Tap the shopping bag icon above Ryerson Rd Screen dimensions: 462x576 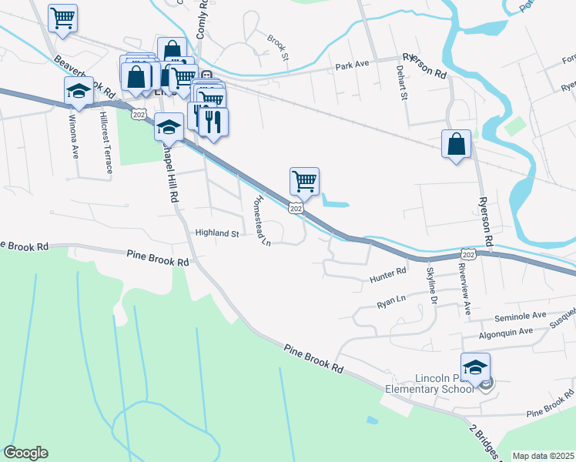456,143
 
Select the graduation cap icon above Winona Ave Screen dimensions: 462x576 79,91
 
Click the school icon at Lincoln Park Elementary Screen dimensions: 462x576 475,367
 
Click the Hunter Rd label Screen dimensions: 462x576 387,273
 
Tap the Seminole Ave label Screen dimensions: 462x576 523,316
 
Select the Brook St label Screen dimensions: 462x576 277,47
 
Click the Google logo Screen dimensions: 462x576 25,453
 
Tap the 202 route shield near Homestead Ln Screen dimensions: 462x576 296,208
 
